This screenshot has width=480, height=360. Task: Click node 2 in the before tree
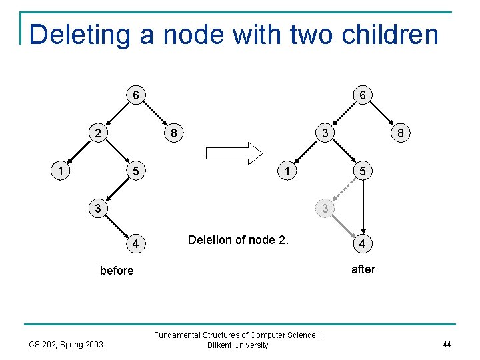tap(97, 133)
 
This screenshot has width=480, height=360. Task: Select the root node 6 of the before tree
tap(135, 95)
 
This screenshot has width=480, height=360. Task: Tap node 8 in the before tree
tap(173, 133)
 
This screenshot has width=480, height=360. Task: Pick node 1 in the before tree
tap(61, 171)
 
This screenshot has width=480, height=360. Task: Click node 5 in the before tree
tap(135, 171)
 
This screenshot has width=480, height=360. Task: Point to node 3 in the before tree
tap(97, 209)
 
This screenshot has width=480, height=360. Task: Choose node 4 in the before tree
tap(135, 245)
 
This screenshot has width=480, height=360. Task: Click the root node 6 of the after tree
tap(362, 95)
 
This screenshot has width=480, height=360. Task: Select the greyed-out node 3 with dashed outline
tap(325, 209)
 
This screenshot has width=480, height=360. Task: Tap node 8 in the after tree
tap(400, 133)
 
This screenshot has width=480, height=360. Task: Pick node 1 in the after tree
tap(287, 171)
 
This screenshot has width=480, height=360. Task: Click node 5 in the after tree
tap(362, 171)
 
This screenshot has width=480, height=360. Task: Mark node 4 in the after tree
tap(362, 245)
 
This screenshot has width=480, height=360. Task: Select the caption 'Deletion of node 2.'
tap(238, 240)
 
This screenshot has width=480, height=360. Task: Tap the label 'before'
tap(117, 271)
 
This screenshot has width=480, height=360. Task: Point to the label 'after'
tap(363, 269)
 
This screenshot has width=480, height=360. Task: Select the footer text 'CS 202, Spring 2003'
tap(66, 344)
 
